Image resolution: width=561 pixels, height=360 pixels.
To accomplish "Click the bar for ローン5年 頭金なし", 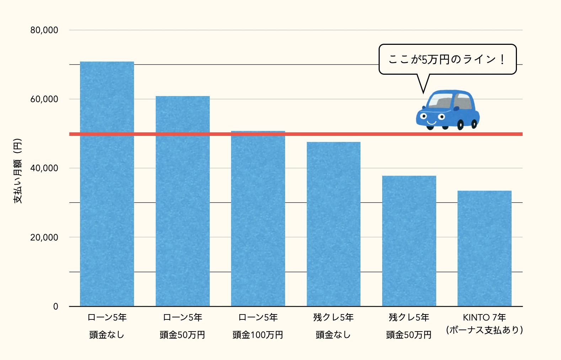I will click(107, 185).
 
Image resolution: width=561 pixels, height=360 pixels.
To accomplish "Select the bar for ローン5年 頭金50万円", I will click(182, 203).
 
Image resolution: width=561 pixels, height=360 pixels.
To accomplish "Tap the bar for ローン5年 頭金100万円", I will click(258, 221).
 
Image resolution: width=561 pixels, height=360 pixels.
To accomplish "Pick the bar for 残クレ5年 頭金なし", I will click(333, 224).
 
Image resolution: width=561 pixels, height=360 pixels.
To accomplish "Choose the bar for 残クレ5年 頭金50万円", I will click(409, 242).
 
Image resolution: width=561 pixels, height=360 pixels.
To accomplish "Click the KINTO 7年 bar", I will click(484, 249).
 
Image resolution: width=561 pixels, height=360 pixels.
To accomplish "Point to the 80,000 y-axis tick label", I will click(44, 30).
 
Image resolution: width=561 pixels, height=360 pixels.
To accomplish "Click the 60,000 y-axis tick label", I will click(44, 99).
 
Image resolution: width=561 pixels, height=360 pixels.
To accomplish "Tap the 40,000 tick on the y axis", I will click(44, 168).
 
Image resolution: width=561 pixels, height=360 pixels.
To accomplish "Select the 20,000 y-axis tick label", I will click(44, 237).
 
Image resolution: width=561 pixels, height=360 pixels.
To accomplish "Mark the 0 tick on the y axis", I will click(55, 306).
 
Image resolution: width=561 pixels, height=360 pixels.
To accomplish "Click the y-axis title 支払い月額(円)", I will click(18, 171).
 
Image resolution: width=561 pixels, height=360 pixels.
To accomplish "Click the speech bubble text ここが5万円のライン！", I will click(447, 59).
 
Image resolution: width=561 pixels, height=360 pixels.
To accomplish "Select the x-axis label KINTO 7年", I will click(484, 317).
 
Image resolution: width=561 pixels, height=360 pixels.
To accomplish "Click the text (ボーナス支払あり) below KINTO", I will click(484, 330).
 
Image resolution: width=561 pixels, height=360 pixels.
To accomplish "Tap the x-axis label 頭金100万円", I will click(258, 335).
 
